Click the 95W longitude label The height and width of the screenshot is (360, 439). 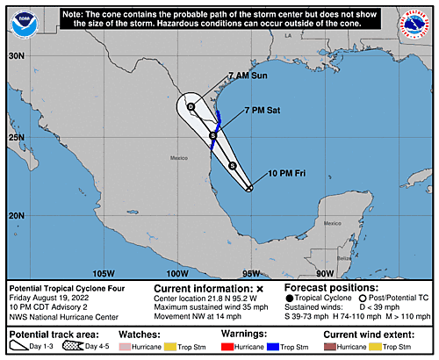point(250,273)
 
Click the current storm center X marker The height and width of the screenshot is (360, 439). point(250,188)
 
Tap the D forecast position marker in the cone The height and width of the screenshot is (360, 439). point(191,106)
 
